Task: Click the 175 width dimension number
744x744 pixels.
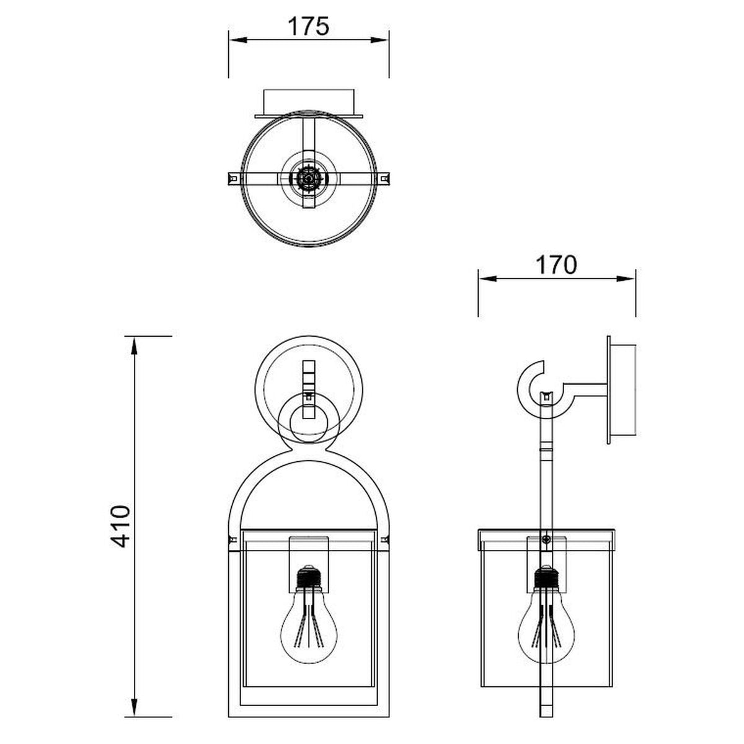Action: tap(309, 26)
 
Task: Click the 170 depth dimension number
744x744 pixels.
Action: tap(556, 265)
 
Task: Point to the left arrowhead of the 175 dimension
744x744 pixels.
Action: tap(238, 40)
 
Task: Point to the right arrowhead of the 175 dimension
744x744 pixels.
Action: tap(379, 40)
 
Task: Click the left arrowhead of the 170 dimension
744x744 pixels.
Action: tap(488, 279)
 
